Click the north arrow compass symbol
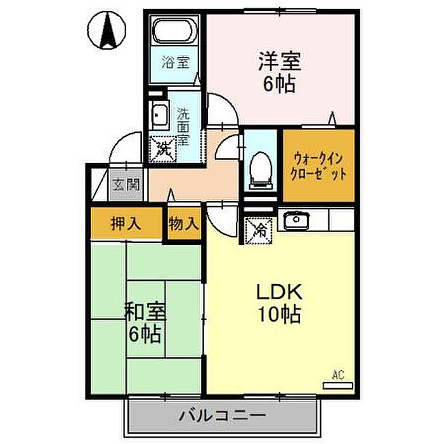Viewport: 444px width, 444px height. point(107,30)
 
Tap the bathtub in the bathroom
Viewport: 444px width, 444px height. point(174,30)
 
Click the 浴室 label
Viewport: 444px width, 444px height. point(176,62)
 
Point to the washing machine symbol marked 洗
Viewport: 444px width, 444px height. point(164,149)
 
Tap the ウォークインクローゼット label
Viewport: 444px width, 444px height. point(318,166)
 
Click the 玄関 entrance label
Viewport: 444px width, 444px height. point(126,185)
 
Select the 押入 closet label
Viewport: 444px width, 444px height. point(126,224)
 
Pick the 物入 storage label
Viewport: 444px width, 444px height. point(184,224)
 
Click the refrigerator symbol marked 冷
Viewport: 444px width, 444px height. point(259,230)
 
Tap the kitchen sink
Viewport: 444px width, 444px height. point(296,219)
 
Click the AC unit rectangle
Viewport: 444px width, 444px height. point(338,386)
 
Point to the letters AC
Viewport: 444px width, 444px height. point(338,375)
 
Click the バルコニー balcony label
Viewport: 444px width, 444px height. point(223,415)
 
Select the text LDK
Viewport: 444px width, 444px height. point(279,292)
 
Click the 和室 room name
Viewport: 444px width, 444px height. point(145,311)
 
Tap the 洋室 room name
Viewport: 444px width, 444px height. point(280,61)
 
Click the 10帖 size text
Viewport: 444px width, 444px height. point(279,315)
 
